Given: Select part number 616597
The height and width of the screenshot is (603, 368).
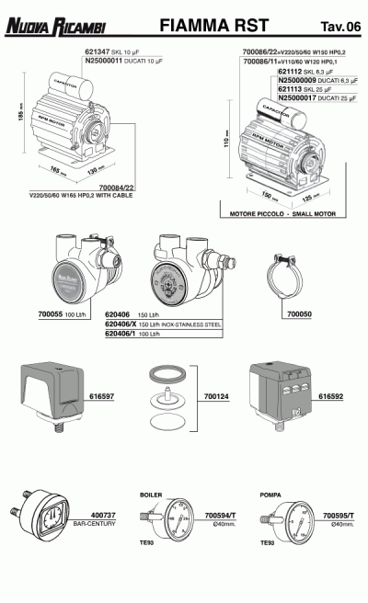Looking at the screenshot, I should (x=102, y=396).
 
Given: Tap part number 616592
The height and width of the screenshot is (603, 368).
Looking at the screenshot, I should (x=331, y=396).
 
